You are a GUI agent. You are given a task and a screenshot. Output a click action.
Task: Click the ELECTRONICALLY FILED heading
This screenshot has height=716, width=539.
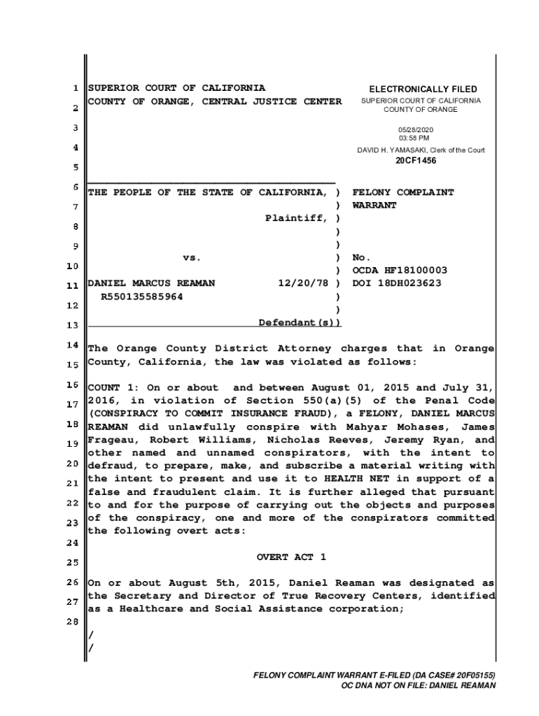[x=423, y=89]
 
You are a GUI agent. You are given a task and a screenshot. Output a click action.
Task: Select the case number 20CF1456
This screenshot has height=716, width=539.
[x=415, y=161]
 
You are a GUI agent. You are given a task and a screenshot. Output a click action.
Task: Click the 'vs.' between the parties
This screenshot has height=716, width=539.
[x=192, y=258]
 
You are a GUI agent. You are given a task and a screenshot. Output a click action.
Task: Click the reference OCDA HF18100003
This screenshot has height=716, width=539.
[x=400, y=271]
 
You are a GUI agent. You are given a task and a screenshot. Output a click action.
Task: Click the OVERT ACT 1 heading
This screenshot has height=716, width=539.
[x=291, y=557]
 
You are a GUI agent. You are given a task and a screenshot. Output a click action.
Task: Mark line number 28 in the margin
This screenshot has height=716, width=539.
[x=72, y=623]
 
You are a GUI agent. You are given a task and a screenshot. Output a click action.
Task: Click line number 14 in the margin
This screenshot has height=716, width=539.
[x=72, y=345]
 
